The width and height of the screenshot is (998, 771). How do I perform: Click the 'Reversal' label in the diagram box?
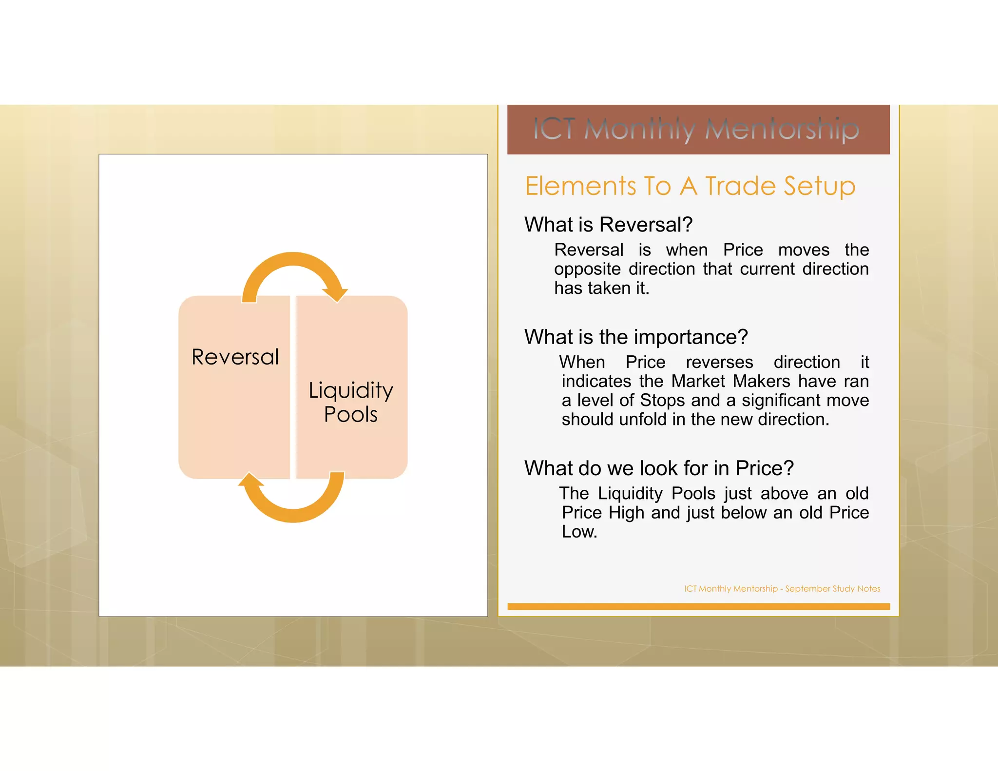[235, 357]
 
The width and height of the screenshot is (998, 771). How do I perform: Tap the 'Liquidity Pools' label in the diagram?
[351, 402]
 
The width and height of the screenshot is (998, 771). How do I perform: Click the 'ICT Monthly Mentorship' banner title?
[697, 130]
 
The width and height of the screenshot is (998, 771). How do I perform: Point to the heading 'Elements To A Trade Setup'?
[690, 186]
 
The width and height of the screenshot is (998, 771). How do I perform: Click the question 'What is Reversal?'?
[608, 225]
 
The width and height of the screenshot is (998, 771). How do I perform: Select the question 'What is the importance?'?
[636, 337]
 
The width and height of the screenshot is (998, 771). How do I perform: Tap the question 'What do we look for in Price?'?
[659, 468]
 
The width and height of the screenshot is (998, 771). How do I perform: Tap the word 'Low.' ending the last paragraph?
[579, 532]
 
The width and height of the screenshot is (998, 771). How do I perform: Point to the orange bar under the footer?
[698, 607]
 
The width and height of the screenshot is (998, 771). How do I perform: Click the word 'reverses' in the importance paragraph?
[719, 362]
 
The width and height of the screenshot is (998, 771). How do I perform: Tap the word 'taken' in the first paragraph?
[609, 288]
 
